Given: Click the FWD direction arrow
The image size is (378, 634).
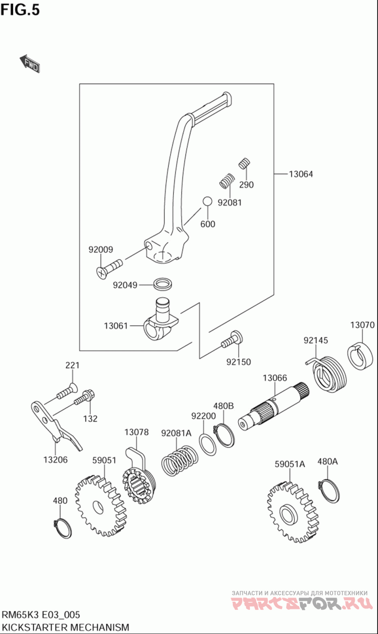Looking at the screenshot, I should [x=30, y=63].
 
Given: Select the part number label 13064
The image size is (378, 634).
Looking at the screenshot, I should [x=301, y=174].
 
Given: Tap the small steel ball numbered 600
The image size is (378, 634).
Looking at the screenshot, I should [x=207, y=202].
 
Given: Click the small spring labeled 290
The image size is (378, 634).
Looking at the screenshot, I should [x=244, y=163].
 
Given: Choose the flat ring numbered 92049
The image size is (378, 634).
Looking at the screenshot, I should [x=162, y=284].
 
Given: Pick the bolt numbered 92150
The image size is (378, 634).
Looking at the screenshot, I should [x=232, y=341].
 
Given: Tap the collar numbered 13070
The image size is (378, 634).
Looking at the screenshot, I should [x=359, y=355].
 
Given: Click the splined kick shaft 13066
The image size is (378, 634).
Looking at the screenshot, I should [x=274, y=407].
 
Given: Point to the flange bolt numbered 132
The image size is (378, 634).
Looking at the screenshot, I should [x=85, y=398].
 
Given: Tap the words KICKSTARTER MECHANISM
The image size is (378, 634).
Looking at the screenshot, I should [x=65, y=627].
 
